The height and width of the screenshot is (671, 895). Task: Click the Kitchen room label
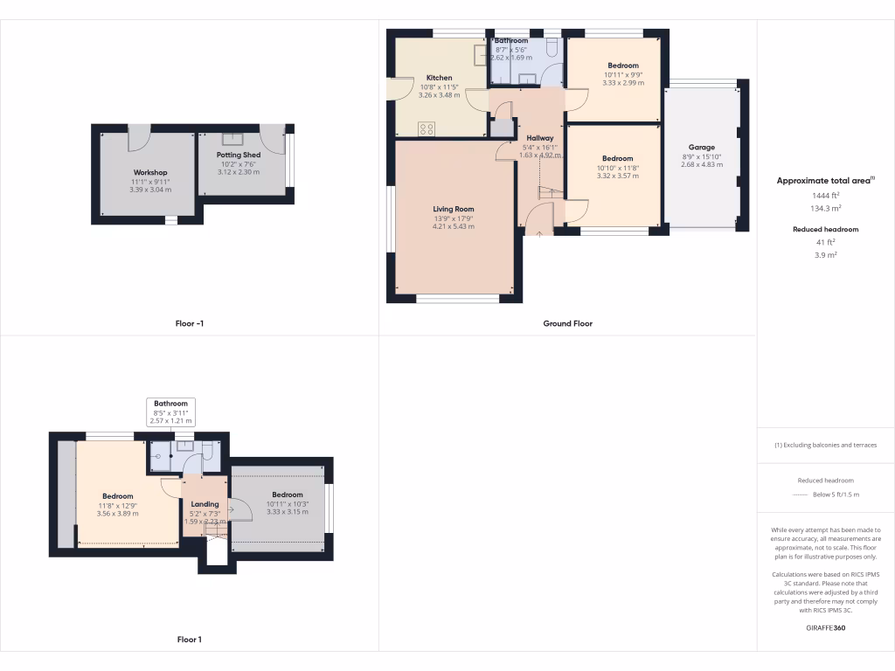click(x=440, y=78)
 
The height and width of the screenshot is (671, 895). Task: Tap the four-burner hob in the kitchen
click(x=427, y=128)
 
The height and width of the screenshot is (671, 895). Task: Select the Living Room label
click(x=453, y=209)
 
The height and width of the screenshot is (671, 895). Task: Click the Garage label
click(x=701, y=148)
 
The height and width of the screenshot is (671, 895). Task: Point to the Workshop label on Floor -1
click(x=149, y=172)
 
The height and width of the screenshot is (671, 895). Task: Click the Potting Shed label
click(x=239, y=155)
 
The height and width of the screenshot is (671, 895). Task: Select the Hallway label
click(x=539, y=138)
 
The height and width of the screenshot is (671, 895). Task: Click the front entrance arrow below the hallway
click(x=539, y=233)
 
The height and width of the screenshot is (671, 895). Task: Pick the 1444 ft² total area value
click(x=825, y=196)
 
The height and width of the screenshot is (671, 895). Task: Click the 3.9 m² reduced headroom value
click(x=825, y=255)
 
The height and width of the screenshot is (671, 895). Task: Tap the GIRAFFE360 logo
click(x=825, y=627)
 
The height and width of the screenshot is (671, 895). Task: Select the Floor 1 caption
click(x=190, y=640)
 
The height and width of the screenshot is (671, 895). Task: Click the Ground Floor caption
click(x=567, y=323)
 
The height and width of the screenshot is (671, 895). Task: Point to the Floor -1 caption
click(x=190, y=323)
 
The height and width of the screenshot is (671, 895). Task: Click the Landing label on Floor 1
click(x=205, y=504)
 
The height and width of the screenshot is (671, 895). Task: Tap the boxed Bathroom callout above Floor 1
click(x=170, y=412)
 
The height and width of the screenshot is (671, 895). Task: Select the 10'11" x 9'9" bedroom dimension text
click(x=622, y=75)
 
